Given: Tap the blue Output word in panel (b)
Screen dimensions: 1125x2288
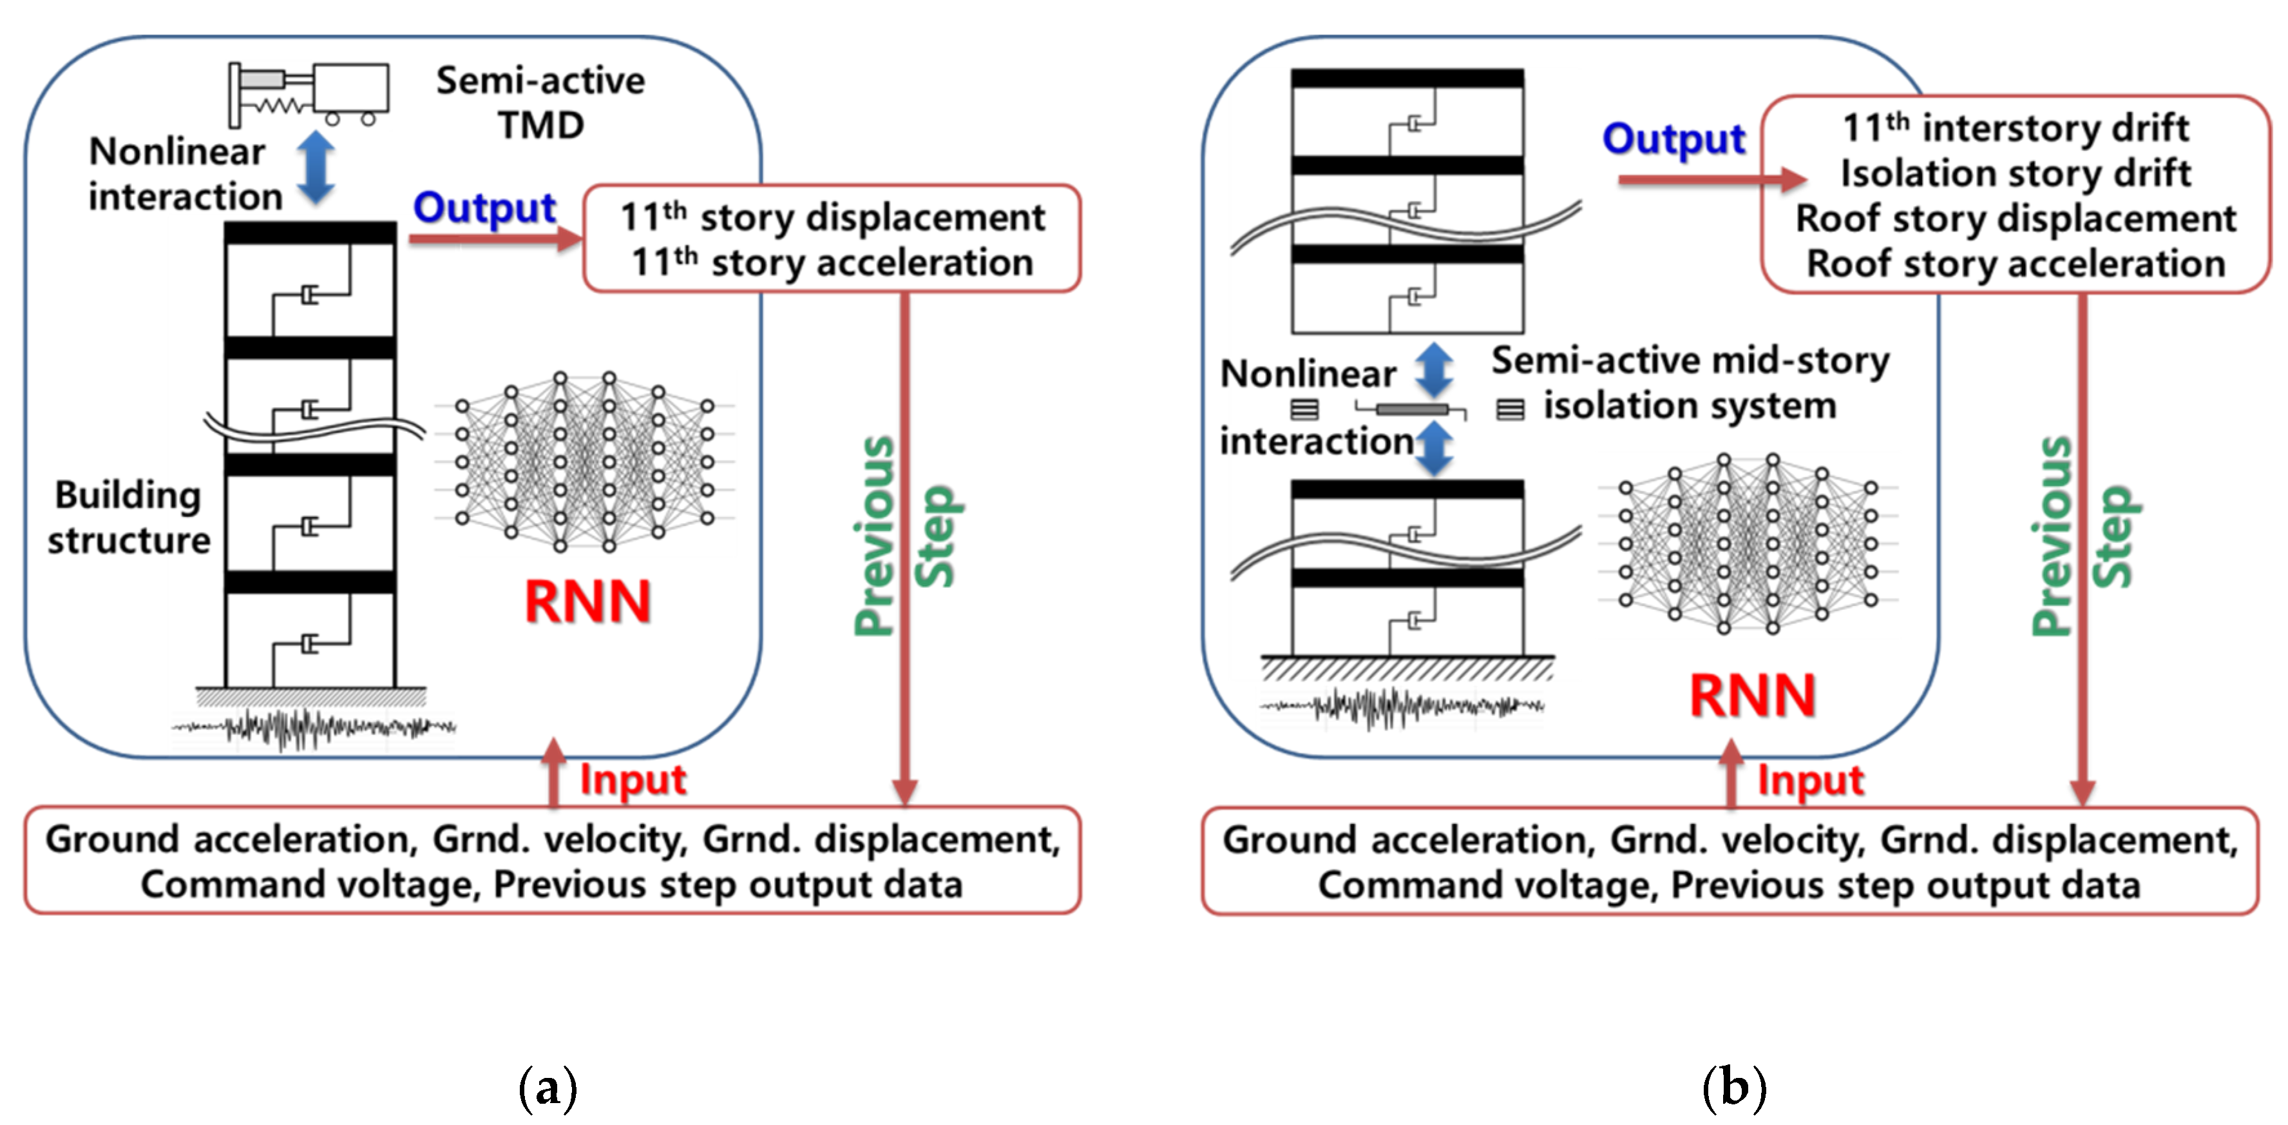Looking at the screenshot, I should [x=1673, y=139].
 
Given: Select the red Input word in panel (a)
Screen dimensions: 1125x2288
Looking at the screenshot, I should [x=633, y=779].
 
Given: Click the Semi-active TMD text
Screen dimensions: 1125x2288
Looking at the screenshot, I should [x=540, y=103].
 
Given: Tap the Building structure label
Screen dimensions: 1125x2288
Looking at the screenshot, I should [x=128, y=517].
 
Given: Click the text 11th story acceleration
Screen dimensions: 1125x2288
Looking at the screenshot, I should [x=832, y=262].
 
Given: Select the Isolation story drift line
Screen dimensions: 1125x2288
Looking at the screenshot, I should [x=2014, y=173].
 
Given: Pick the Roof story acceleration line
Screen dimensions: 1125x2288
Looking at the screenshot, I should [x=2014, y=264].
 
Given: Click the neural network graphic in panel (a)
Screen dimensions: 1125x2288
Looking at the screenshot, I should [x=584, y=460].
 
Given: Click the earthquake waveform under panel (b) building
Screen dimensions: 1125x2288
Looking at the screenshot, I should [x=1402, y=707].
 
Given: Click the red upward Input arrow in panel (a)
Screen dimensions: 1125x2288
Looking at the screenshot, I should [x=553, y=771].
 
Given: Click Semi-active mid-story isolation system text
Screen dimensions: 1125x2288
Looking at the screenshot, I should [x=1690, y=383].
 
